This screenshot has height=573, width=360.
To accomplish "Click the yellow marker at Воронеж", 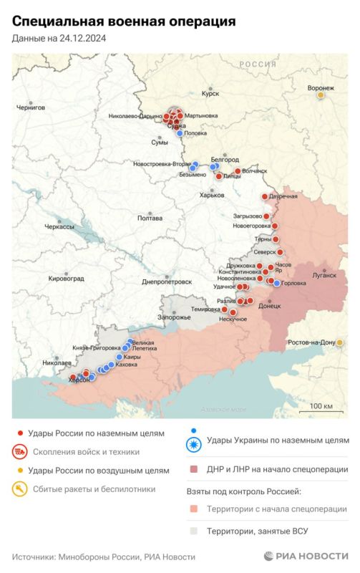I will (x=321, y=95).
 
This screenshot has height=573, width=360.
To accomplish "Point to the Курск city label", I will (x=210, y=93).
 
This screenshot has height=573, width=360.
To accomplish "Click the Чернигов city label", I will (x=31, y=107).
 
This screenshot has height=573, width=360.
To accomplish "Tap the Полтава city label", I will (x=150, y=218).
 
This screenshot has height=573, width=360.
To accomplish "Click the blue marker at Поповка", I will (x=179, y=133).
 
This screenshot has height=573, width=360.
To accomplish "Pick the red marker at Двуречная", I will (x=265, y=196).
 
